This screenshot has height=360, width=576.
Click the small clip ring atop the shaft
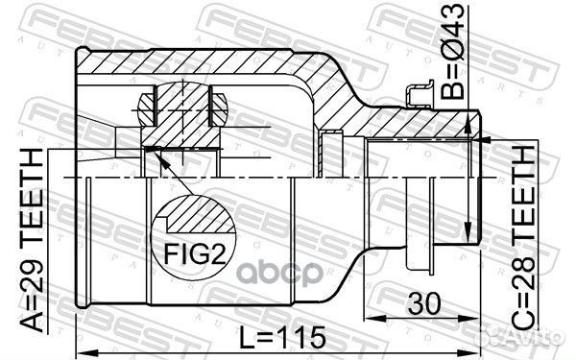click(x=418, y=93)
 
